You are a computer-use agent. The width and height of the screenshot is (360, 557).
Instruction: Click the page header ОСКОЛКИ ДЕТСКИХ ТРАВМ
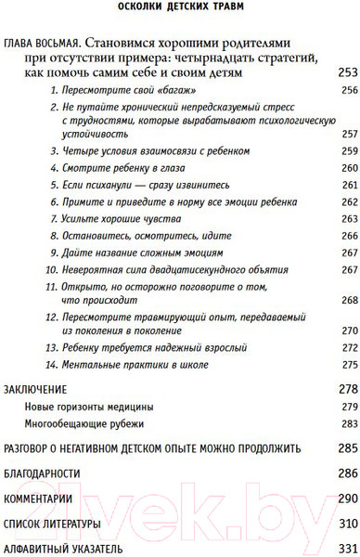pyautogui.click(x=180, y=10)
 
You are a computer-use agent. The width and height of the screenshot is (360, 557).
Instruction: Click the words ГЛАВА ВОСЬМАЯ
pyautogui.click(x=41, y=44)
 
